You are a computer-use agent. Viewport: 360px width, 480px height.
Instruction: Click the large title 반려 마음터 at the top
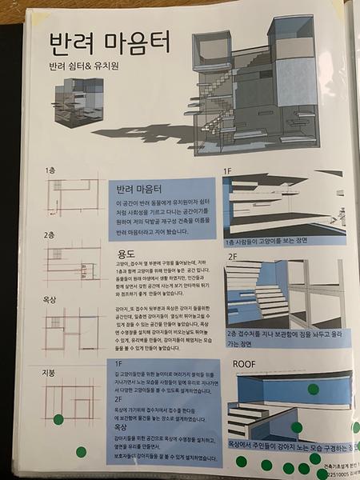pos(101,42)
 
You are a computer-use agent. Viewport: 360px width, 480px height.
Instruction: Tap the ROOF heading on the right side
pos(245,363)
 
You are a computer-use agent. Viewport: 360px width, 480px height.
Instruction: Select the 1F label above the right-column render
pos(227,170)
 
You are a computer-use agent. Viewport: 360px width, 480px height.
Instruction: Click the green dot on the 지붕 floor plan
pos(58,418)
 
